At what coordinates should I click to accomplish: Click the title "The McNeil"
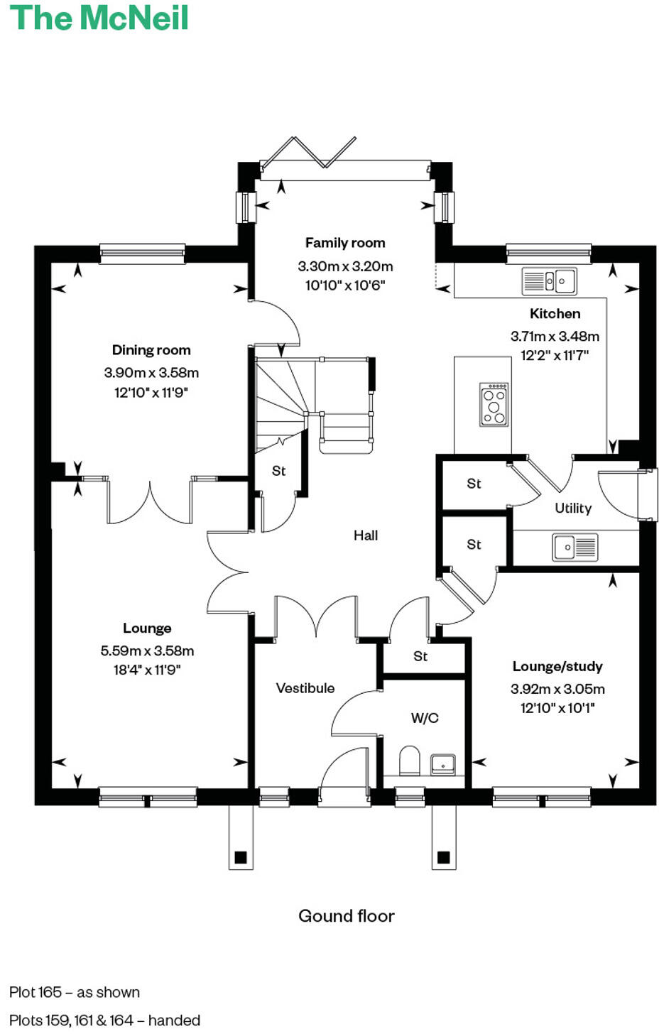[99, 17]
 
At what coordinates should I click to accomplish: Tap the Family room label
[345, 243]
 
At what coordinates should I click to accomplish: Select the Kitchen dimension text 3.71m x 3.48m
[555, 337]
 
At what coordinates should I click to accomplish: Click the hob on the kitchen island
[494, 404]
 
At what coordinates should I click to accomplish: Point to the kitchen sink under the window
[549, 281]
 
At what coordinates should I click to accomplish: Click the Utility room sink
[575, 547]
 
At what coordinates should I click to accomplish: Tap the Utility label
[572, 508]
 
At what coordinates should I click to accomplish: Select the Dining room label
[151, 350]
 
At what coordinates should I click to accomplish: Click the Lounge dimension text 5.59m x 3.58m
[147, 651]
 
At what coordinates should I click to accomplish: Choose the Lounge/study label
[557, 666]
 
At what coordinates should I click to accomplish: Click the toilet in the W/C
[410, 761]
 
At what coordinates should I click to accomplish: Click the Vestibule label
[305, 688]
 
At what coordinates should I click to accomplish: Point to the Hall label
[366, 535]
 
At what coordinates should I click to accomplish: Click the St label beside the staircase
[278, 471]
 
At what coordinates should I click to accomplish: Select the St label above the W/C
[420, 656]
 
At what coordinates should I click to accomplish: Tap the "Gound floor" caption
[346, 916]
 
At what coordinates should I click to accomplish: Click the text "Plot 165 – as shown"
[75, 992]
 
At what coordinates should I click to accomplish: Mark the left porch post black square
[240, 857]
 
